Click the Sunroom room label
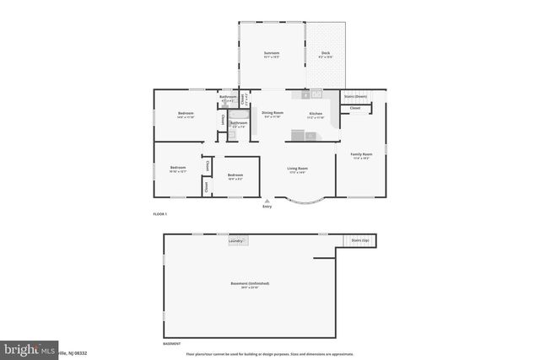(271, 53)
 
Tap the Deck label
(326, 53)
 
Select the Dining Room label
(272, 112)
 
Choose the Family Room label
(361, 153)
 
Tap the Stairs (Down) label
(355, 97)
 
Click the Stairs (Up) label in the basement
(360, 240)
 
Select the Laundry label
(236, 241)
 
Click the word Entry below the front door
(268, 207)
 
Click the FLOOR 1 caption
(160, 215)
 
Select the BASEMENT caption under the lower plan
(171, 344)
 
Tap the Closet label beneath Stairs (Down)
(355, 108)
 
